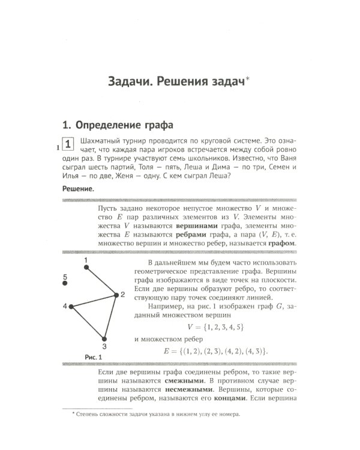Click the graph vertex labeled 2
[x=115, y=294]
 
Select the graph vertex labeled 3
[x=104, y=338]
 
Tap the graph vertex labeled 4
[x=71, y=307]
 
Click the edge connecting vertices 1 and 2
[x=101, y=280]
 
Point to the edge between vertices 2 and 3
[x=110, y=316]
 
